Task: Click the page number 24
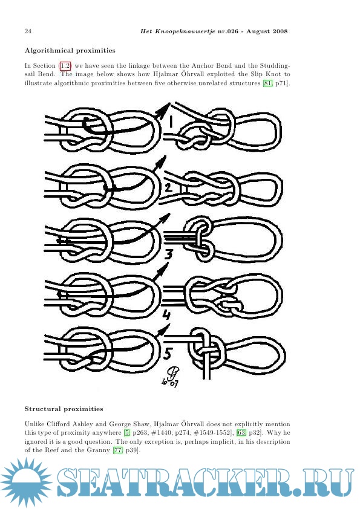click(28, 31)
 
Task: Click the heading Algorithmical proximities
click(70, 50)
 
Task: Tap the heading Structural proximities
click(64, 409)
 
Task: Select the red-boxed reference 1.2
click(65, 65)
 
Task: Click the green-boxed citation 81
click(267, 83)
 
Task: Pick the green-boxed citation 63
click(241, 433)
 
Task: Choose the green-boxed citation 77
click(118, 450)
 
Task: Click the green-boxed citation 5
click(128, 433)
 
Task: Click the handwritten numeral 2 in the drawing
click(168, 188)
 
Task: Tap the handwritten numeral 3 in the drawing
click(168, 254)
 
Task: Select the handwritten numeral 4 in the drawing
click(166, 314)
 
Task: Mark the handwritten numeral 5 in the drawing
click(168, 354)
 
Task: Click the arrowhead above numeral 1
click(166, 108)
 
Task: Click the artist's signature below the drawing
click(170, 378)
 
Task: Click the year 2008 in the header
click(280, 31)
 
